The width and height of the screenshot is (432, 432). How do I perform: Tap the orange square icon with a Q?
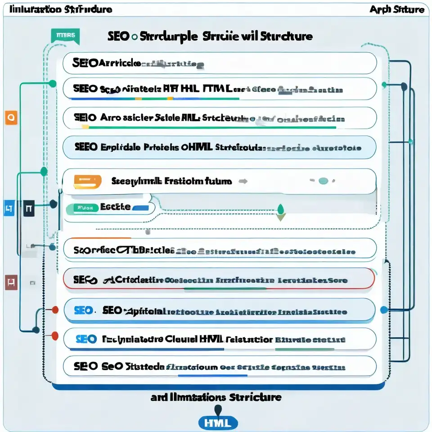[11, 118]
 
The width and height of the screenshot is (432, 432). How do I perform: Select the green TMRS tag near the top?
[66, 35]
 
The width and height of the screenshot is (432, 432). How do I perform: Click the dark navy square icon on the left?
[28, 208]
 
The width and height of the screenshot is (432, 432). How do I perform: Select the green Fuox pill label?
[82, 208]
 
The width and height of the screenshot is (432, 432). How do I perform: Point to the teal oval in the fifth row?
[323, 181]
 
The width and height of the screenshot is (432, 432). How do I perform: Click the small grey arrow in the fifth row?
[243, 181]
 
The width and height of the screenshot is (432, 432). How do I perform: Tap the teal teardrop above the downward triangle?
[281, 208]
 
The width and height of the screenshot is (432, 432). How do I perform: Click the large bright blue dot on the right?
[384, 310]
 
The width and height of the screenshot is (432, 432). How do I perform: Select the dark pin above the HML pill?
[218, 409]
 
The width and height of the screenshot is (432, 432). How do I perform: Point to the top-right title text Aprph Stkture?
[397, 9]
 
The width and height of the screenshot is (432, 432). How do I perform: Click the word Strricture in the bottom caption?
[255, 397]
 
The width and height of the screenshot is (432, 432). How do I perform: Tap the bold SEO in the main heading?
[118, 36]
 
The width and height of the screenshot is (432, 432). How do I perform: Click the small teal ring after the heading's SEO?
[134, 37]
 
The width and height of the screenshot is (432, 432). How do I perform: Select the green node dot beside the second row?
[53, 84]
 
